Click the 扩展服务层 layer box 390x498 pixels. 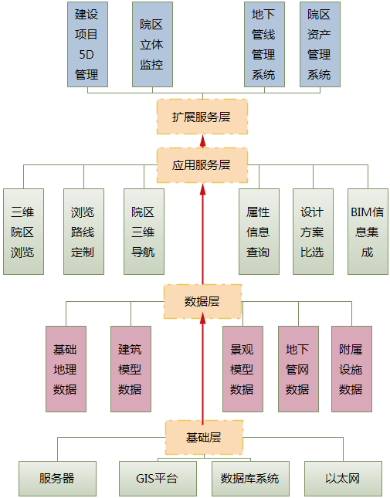tap(202, 117)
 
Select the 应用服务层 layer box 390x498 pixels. tap(202, 165)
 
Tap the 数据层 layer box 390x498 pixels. tap(202, 301)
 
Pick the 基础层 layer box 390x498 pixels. tap(204, 437)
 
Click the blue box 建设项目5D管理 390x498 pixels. tap(88, 45)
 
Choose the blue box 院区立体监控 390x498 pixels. tap(152, 45)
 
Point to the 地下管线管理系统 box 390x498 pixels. tap(265, 45)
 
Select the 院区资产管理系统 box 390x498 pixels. tap(320, 45)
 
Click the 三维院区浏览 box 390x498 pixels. tap(23, 232)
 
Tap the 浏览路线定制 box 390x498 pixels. tap(84, 232)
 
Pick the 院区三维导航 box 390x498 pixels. tap(144, 232)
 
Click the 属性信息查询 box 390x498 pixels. tap(259, 232)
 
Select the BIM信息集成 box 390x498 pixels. tap(368, 232)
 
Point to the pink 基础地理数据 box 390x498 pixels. tap(66, 369)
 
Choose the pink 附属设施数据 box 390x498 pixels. tap(352, 369)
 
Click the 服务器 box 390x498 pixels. tap(57, 479)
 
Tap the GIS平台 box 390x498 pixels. tap(158, 479)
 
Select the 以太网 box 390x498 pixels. tap(344, 479)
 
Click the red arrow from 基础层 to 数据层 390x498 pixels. tap(202, 369)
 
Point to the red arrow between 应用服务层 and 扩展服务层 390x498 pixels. tap(202, 141)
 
